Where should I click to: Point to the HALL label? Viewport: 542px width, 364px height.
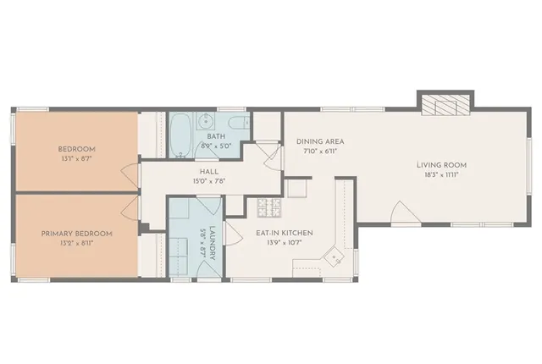(x=198, y=170)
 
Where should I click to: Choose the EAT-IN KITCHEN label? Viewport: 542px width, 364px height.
(x=285, y=233)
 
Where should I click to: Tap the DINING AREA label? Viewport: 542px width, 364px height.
(x=320, y=141)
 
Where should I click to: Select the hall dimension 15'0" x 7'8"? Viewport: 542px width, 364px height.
(x=198, y=180)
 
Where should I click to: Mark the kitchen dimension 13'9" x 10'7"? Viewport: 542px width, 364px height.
(x=285, y=243)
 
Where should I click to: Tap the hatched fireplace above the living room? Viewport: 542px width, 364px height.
(x=444, y=104)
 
